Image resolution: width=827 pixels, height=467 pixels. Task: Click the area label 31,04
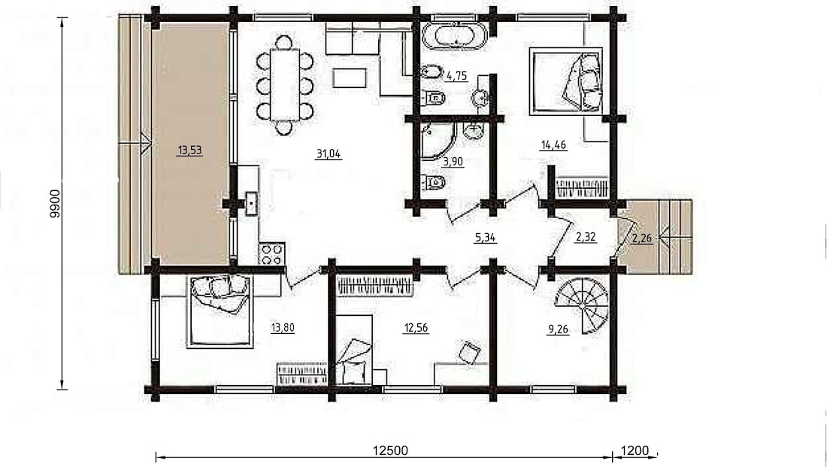328,154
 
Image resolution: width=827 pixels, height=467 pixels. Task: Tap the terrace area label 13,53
190,150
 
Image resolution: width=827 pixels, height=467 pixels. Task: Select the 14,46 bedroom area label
554,145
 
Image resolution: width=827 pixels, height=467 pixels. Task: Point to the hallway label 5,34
485,238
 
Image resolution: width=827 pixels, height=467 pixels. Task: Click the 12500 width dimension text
390,450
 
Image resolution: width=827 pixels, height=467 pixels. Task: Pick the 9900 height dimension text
56,204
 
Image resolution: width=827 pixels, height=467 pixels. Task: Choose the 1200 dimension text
635,450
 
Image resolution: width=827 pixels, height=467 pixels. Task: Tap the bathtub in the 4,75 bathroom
455,36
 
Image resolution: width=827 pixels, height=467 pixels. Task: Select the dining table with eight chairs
284,84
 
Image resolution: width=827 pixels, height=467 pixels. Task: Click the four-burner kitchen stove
271,254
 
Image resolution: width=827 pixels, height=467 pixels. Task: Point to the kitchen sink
252,205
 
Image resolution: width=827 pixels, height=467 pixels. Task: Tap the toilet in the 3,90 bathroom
434,183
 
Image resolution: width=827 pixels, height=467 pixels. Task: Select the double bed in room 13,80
219,311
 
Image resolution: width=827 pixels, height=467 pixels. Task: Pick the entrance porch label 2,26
642,238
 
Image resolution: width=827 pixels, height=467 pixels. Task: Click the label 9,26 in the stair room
558,330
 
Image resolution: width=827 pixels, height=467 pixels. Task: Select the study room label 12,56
416,328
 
